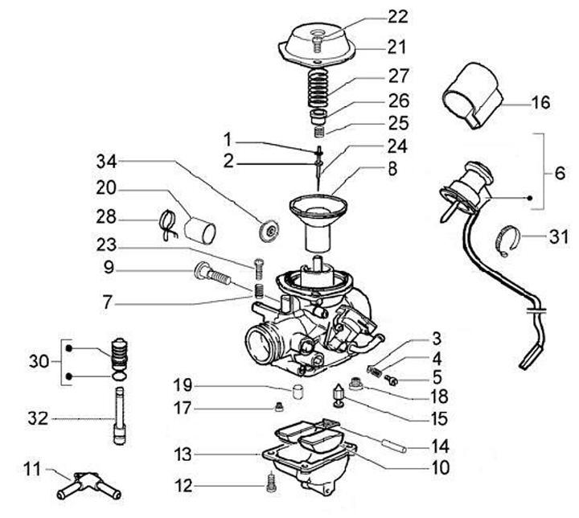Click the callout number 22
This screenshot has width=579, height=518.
click(x=398, y=16)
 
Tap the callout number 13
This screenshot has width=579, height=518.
click(x=183, y=454)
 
